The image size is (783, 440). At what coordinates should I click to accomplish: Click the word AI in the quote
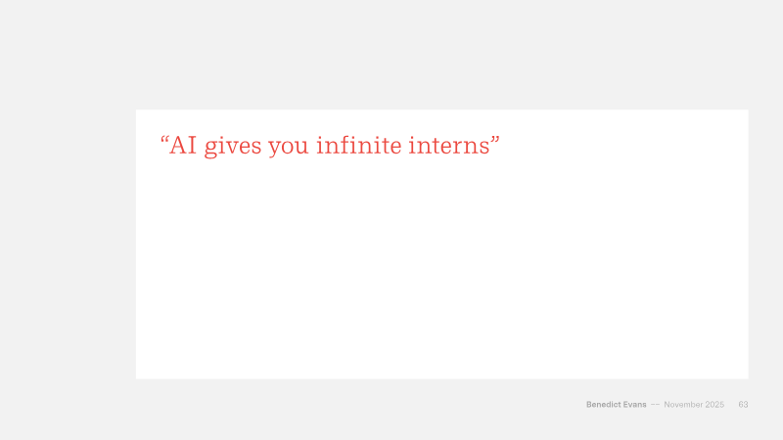tap(183, 146)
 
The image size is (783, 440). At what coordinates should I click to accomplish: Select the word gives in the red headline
tap(233, 148)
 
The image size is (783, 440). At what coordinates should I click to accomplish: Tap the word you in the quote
tap(289, 149)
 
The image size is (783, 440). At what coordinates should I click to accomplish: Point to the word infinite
tap(359, 145)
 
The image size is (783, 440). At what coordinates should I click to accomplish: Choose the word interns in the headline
tap(449, 146)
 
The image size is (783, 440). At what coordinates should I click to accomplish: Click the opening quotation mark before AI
tap(164, 139)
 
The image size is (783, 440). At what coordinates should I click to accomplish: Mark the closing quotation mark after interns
tap(495, 139)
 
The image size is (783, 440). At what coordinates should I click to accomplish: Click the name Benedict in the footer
tap(603, 405)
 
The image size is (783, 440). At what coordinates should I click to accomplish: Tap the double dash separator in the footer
tap(655, 405)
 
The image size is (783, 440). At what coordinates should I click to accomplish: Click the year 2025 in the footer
tap(714, 405)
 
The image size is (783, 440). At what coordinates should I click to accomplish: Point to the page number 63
tap(743, 405)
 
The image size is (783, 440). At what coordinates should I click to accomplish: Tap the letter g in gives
tap(210, 150)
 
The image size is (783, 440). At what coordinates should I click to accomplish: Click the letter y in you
tap(275, 150)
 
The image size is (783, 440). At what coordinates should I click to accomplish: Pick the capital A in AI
tap(178, 146)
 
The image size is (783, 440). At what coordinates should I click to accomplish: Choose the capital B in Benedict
tap(589, 405)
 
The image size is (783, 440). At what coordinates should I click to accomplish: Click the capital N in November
tap(667, 405)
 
